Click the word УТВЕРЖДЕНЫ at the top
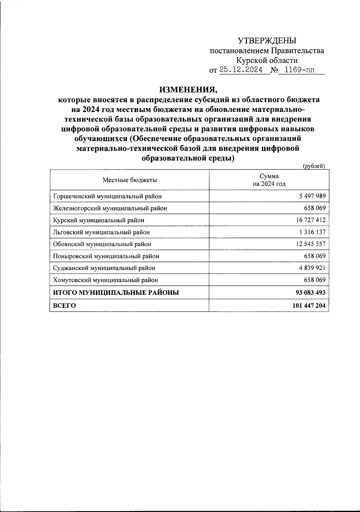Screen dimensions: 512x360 267,41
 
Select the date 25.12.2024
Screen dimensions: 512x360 241,70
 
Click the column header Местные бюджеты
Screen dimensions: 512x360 130,180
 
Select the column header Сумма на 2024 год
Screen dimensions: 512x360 269,180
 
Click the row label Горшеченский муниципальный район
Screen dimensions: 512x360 107,196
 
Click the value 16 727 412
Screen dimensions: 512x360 310,220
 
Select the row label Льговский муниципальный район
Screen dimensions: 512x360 101,232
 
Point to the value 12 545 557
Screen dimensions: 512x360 310,244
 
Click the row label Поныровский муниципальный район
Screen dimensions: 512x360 106,256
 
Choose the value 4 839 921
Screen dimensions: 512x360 312,268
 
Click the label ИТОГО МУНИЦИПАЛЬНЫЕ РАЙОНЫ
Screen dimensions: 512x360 116,292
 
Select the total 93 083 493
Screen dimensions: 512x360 310,292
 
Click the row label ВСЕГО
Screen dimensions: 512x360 64,306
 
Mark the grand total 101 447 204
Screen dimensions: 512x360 309,306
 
